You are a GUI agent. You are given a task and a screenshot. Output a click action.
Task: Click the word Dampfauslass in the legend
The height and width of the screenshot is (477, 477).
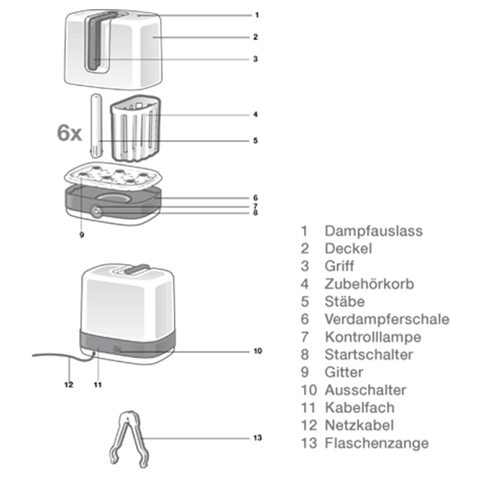(373, 231)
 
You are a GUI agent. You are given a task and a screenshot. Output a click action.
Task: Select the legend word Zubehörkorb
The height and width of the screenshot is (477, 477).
(369, 284)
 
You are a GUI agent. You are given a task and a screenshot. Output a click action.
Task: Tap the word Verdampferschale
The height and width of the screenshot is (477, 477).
(387, 319)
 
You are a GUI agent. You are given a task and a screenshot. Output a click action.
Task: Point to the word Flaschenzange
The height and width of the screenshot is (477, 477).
(377, 443)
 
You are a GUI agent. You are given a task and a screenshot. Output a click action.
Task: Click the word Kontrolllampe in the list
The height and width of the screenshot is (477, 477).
(373, 337)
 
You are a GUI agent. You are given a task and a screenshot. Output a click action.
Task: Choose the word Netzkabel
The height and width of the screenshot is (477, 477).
(359, 425)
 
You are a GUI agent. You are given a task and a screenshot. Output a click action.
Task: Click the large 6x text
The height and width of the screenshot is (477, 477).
(69, 133)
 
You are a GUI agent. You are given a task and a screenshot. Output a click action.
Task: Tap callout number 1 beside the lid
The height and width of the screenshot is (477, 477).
(257, 15)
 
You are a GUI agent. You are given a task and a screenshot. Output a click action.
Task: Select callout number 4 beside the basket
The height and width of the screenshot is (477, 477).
(256, 114)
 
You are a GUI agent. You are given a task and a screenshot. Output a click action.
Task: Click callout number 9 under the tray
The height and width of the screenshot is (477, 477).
(82, 235)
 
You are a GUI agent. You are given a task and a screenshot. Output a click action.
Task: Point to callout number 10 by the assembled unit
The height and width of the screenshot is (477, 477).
(258, 351)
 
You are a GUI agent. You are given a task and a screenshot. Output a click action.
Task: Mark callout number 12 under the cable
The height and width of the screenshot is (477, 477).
(69, 385)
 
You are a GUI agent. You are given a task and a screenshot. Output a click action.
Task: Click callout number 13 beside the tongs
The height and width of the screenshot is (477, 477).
(258, 438)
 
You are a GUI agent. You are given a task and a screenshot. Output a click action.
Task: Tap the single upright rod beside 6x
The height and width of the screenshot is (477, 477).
(96, 125)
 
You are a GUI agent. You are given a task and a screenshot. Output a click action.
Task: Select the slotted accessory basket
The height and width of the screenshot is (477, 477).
(135, 128)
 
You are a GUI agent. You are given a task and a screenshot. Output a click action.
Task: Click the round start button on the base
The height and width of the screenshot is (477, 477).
(97, 211)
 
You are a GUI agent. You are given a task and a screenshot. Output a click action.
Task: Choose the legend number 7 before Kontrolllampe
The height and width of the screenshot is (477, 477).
(304, 337)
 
